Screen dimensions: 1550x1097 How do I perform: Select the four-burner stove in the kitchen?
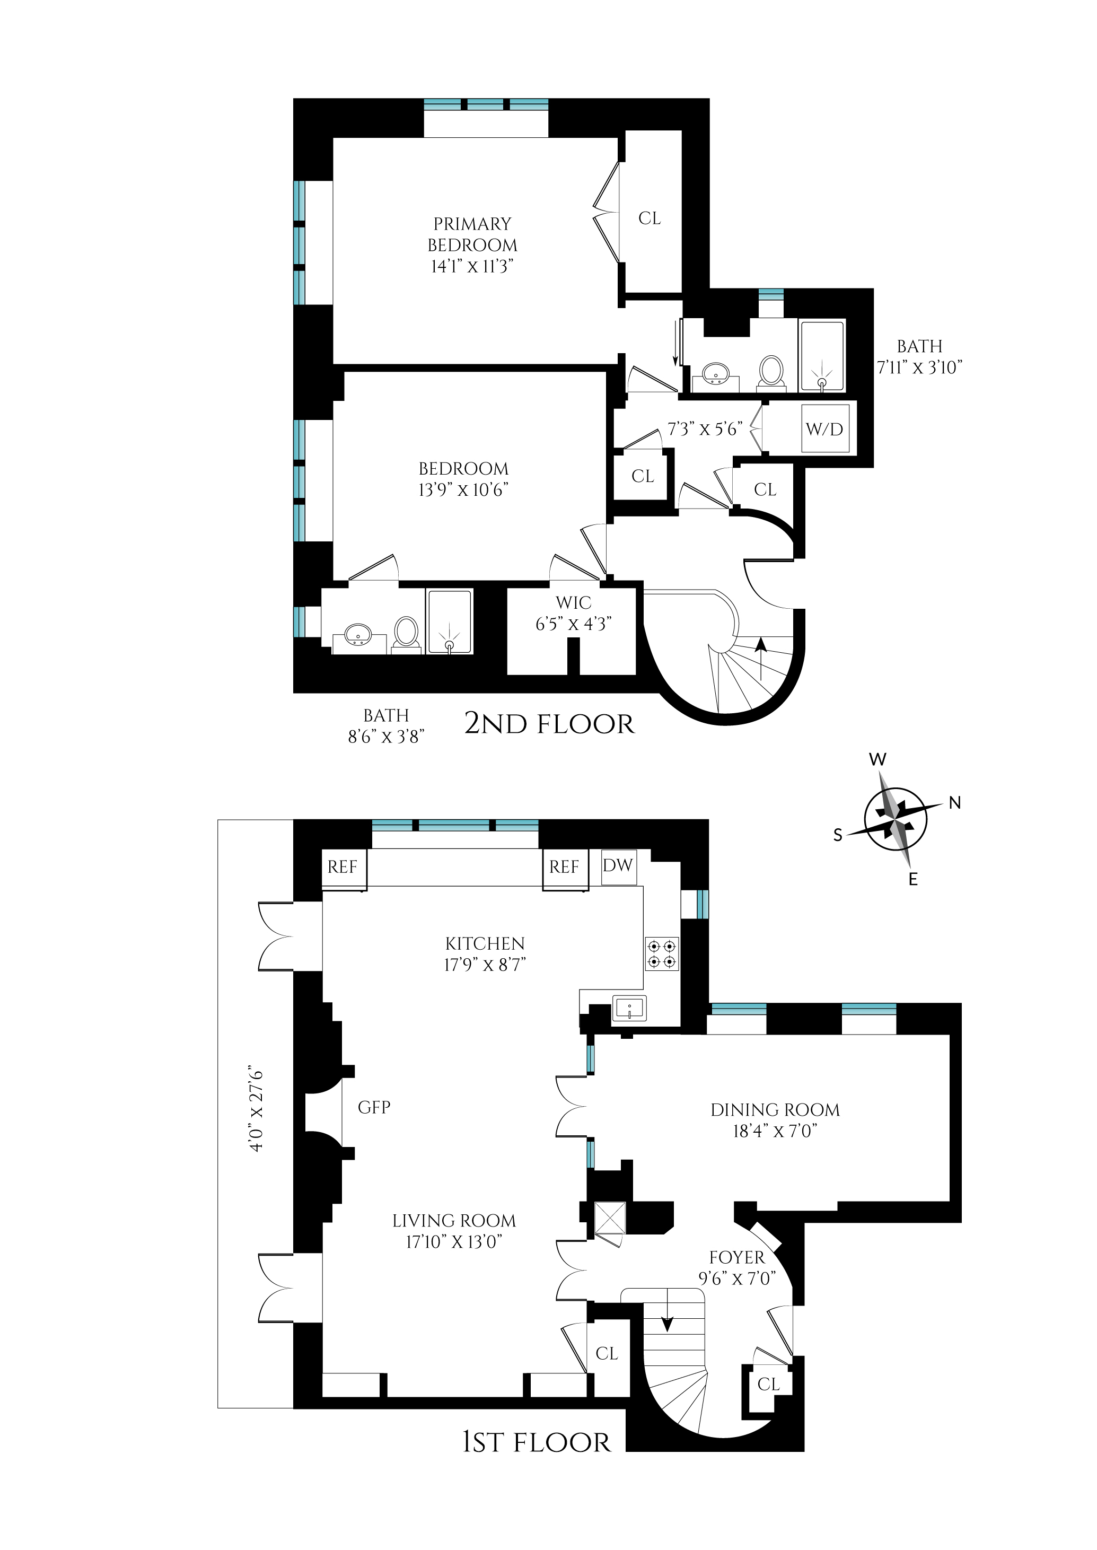(x=661, y=953)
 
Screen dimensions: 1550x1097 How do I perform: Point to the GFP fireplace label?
(x=374, y=1107)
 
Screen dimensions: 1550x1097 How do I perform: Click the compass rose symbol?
(x=896, y=819)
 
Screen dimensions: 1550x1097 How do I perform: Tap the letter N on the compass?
(x=954, y=803)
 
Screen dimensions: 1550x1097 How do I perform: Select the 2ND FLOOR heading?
(x=549, y=724)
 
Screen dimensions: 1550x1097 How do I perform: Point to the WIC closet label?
(x=574, y=602)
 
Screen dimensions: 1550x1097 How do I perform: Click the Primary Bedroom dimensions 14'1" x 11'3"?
(x=472, y=266)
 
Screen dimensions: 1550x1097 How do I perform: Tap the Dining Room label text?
(x=775, y=1110)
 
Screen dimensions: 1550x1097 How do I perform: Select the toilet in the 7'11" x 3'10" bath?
(x=771, y=372)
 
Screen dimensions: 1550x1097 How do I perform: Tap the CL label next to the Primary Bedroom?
(x=649, y=218)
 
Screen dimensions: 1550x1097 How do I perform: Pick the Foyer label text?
(x=736, y=1258)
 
